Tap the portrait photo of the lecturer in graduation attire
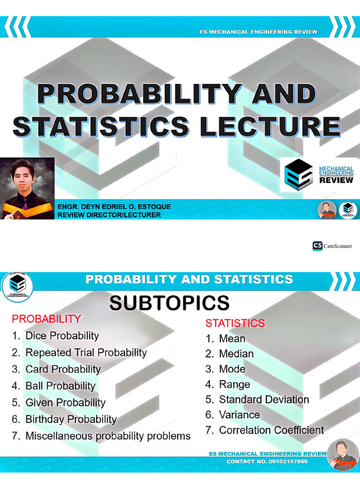(x=27, y=188)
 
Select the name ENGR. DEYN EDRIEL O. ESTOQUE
(x=114, y=207)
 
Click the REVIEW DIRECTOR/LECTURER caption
(x=109, y=215)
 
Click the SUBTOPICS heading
(x=169, y=303)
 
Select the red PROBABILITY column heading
(x=46, y=319)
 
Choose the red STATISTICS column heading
(x=235, y=323)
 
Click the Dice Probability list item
(x=62, y=336)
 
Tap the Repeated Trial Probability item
(x=86, y=352)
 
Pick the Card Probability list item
(x=63, y=369)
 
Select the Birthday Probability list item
(x=71, y=419)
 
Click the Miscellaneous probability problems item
(x=108, y=436)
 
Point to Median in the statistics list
(x=236, y=354)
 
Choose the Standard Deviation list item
(x=264, y=400)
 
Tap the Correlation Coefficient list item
(x=271, y=430)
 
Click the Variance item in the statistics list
(x=239, y=415)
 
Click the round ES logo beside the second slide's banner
(x=17, y=285)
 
